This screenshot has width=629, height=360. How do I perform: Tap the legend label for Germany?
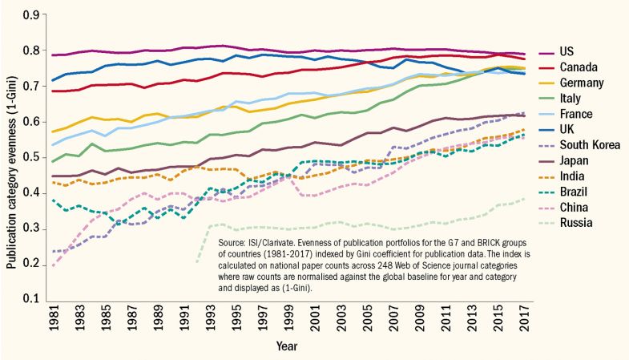click(575, 84)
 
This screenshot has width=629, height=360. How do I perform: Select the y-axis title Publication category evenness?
click(10, 156)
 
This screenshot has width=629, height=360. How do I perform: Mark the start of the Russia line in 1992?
click(196, 261)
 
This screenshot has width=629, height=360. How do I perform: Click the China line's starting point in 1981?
click(54, 265)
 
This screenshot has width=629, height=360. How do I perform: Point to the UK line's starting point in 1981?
click(54, 80)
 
